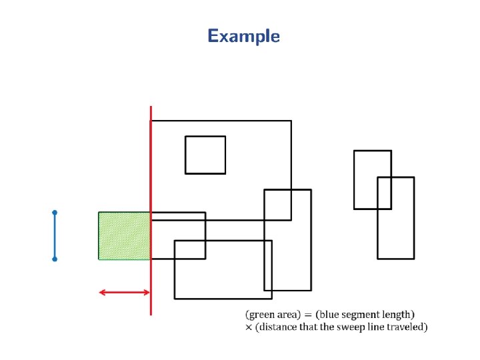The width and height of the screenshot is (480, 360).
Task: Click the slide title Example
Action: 243,36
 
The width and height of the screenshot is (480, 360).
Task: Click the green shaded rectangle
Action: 125,235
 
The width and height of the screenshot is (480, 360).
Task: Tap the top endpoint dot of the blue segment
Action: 55,213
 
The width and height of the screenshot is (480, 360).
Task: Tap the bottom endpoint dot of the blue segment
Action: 55,259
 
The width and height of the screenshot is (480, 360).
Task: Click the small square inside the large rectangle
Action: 205,155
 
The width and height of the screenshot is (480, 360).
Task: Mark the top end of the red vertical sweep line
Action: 151,107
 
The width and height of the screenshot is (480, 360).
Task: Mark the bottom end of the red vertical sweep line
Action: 151,314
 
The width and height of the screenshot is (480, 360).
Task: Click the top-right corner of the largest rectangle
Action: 291,121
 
